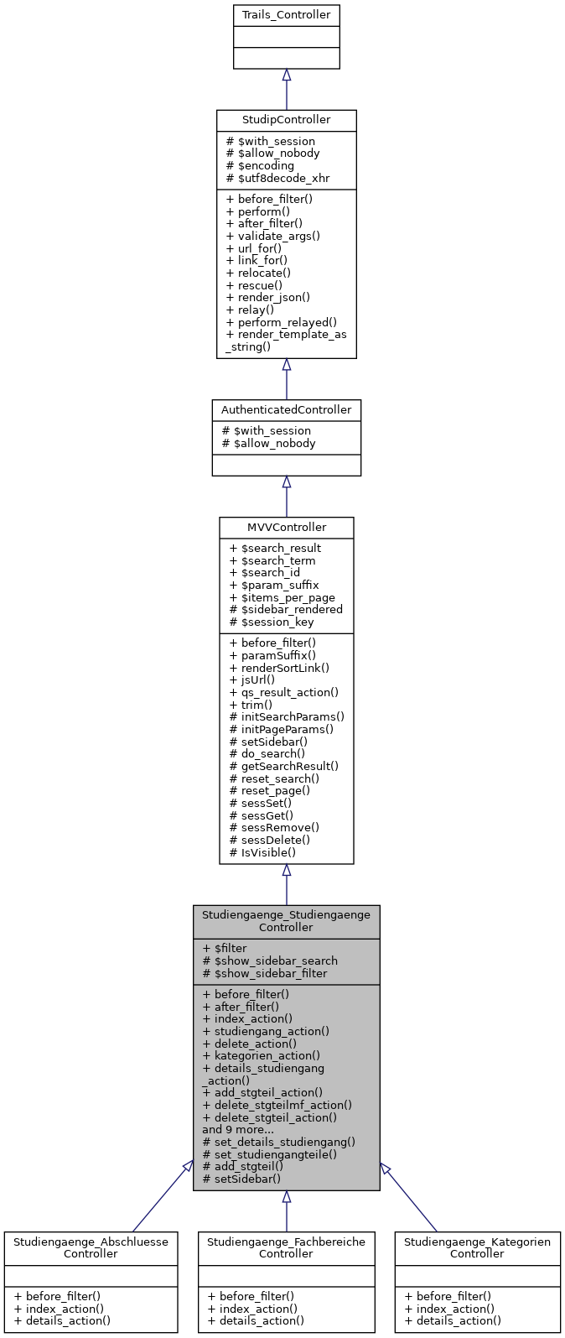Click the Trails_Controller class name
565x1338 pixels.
[286, 15]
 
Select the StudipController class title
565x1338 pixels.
[286, 120]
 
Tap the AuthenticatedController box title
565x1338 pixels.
[286, 409]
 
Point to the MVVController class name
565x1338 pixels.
[286, 527]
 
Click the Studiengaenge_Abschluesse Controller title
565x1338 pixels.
[91, 1247]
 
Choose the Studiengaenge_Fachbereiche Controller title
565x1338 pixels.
[286, 1247]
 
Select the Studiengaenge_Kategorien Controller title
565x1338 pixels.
[477, 1247]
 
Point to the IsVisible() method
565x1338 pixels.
[262, 852]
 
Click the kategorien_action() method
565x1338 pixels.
[261, 1055]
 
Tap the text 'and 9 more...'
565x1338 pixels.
[238, 1129]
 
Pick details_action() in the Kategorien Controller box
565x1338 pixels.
[452, 1320]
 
